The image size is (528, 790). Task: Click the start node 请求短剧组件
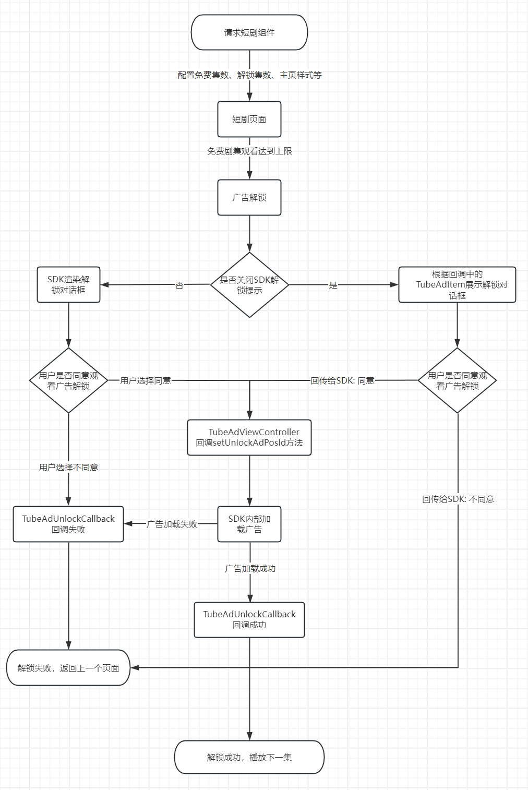pos(249,32)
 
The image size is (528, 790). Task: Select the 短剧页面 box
pos(249,119)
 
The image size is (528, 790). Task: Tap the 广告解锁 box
pos(249,197)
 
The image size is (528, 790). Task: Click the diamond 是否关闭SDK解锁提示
pos(249,285)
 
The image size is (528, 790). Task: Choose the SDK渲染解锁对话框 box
pos(68,284)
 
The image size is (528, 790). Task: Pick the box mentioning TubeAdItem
pos(457,284)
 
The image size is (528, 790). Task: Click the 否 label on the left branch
pos(179,285)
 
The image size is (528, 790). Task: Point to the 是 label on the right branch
pos(333,285)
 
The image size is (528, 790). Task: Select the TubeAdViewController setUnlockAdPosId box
pos(249,437)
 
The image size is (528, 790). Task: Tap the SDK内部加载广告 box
pos(249,524)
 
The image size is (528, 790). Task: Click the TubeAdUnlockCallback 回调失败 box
pos(68,524)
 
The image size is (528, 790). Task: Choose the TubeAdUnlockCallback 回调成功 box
pos(249,620)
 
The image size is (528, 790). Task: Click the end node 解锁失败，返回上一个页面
pos(68,667)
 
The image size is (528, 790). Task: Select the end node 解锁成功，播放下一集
pos(249,757)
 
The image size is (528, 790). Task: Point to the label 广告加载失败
pos(172,524)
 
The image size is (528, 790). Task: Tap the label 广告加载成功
pos(250,568)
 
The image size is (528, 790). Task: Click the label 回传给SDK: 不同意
pos(458,499)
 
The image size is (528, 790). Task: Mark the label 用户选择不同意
pos(68,467)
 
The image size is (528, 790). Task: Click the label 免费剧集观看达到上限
pos(249,151)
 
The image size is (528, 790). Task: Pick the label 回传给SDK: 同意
pos(342,380)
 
